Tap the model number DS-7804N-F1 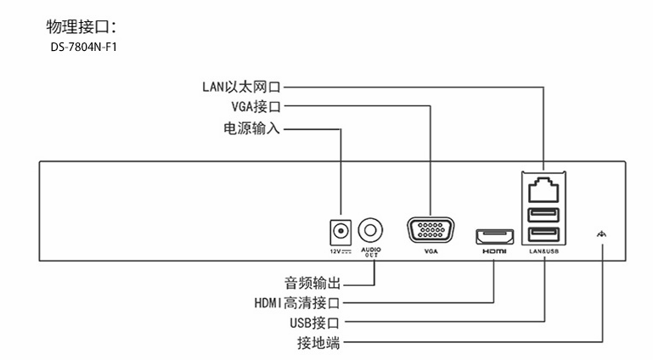[83, 47]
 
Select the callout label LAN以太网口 [241, 86]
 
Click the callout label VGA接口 [256, 107]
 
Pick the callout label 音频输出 [312, 281]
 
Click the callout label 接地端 [318, 344]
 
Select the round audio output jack [371, 230]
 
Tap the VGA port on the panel [430, 232]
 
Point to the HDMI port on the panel [493, 234]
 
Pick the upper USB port [543, 213]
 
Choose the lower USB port [543, 235]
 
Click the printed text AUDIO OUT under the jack [371, 251]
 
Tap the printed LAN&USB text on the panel [543, 252]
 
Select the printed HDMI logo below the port [493, 252]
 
